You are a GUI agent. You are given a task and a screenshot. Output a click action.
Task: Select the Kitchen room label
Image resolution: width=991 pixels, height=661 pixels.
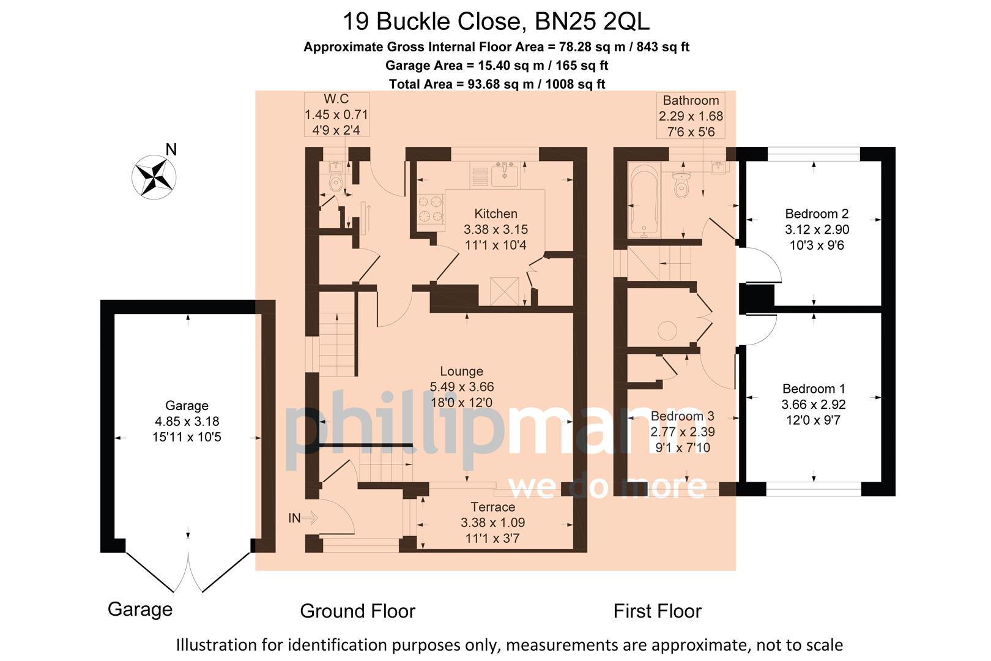click(495, 214)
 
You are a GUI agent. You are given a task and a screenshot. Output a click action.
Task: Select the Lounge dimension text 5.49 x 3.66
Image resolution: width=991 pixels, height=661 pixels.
click(461, 387)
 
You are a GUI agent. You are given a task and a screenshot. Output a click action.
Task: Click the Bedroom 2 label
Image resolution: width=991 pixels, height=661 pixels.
click(817, 214)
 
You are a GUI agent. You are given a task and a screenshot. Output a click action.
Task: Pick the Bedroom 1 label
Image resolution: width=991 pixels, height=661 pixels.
click(814, 389)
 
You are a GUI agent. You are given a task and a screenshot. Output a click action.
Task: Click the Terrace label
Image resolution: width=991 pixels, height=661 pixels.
click(492, 507)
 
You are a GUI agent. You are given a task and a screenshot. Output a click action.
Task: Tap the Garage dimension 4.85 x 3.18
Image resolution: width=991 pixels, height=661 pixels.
click(187, 421)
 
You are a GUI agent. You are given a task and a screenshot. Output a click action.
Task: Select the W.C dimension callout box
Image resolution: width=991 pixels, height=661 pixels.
click(336, 114)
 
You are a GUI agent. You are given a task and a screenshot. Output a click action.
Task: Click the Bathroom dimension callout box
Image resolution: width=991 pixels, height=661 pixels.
click(691, 116)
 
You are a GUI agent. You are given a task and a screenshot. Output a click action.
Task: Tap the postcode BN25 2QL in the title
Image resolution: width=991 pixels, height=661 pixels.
click(592, 22)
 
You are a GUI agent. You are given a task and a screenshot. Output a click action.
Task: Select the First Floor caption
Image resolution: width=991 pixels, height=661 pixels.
click(657, 611)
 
